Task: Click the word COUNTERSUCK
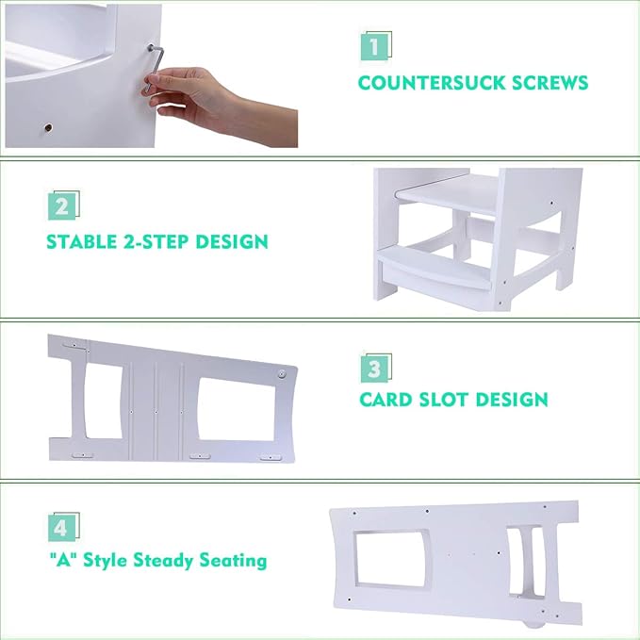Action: point(430,82)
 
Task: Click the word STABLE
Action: point(86,241)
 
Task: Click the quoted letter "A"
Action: point(60,561)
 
